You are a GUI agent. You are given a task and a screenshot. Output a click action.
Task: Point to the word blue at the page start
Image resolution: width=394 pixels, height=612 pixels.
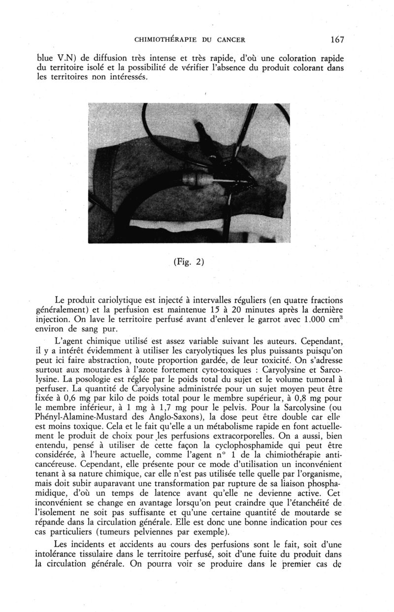[x=48, y=54]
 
